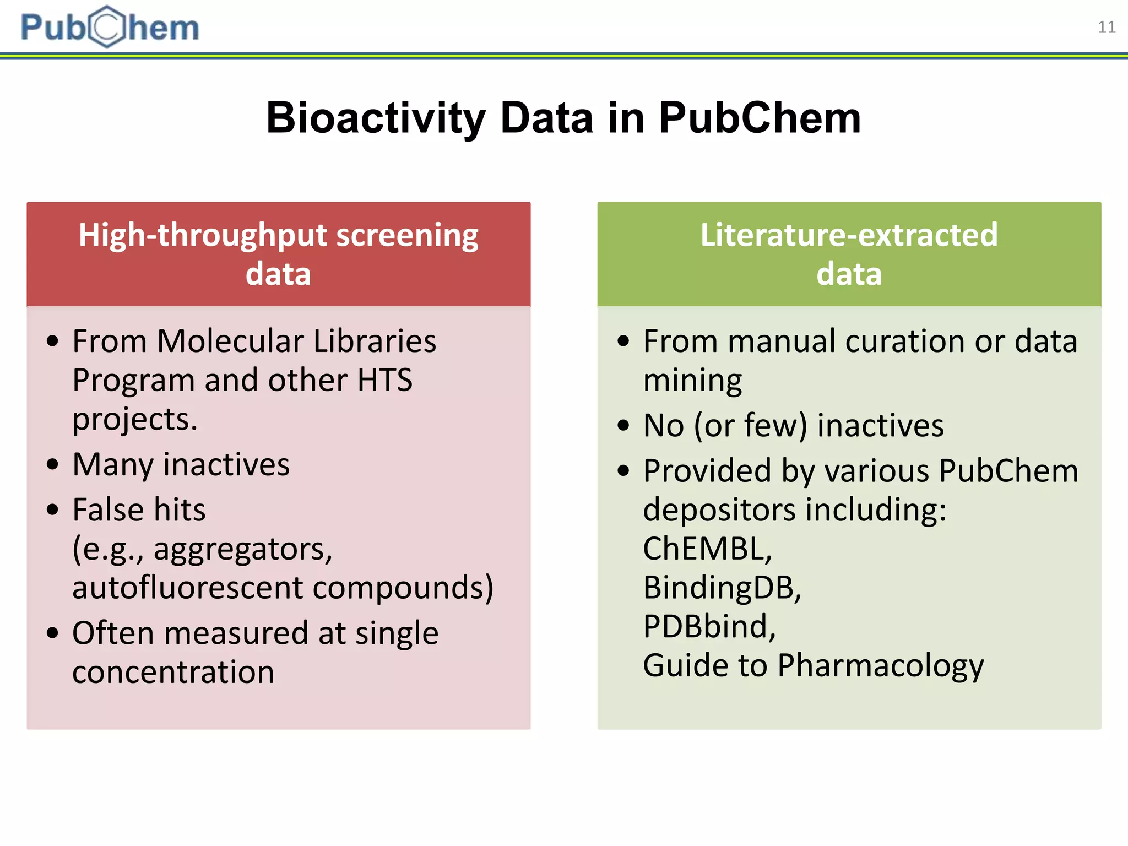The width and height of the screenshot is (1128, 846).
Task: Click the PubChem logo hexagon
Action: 107,26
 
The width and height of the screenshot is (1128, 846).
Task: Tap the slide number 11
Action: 1107,27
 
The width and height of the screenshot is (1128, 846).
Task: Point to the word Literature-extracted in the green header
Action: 849,235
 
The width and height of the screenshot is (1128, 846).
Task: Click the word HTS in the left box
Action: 384,380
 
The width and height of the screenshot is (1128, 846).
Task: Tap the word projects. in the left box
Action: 134,419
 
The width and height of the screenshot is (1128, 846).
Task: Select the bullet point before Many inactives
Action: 52,464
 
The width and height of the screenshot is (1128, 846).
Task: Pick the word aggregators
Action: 243,549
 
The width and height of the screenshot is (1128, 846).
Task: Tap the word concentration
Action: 173,672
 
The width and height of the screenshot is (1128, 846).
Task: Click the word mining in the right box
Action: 692,381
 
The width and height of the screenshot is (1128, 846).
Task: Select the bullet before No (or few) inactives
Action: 623,426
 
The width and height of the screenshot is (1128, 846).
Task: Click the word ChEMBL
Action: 707,549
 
